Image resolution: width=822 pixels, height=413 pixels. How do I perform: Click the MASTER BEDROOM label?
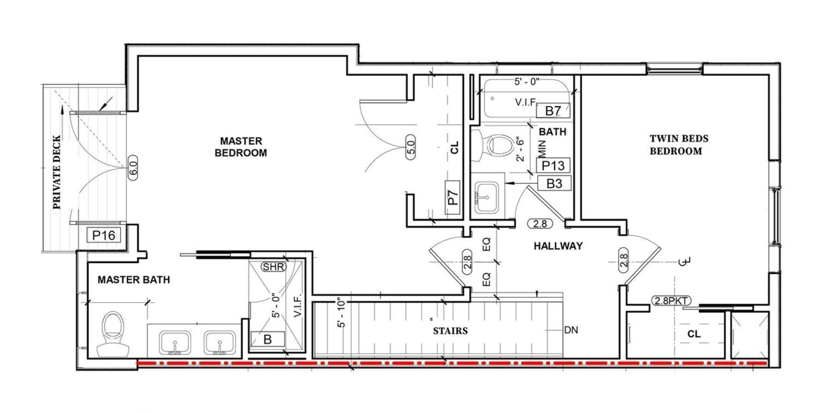coord(241,147)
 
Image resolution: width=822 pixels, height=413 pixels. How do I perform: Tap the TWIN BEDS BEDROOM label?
coord(679,144)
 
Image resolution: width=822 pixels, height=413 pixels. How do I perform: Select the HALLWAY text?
coord(558,246)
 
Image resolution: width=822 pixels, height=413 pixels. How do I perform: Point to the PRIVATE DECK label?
coord(56,172)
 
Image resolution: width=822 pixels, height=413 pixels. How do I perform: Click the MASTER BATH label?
coord(134,280)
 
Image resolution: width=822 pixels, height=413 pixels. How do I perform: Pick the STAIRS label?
coord(450,331)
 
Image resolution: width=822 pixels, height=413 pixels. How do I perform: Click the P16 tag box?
coord(104,235)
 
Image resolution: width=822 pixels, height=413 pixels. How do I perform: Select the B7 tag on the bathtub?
coord(553,111)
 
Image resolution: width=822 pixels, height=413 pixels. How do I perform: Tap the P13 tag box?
coord(553,165)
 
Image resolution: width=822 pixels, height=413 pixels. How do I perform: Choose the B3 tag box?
coord(554,183)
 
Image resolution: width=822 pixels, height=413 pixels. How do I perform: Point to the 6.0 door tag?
coord(133,167)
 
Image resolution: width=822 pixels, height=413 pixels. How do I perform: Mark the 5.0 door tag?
coord(411,147)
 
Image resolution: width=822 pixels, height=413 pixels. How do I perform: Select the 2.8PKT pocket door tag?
coord(670,301)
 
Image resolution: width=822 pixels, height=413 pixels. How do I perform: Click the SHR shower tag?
coord(273,267)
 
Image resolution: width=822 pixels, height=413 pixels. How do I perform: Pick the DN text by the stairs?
coord(571,330)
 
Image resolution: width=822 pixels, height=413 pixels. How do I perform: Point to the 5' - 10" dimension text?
coord(342,313)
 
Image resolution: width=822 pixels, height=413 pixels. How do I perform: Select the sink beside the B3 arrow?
coord(487,196)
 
